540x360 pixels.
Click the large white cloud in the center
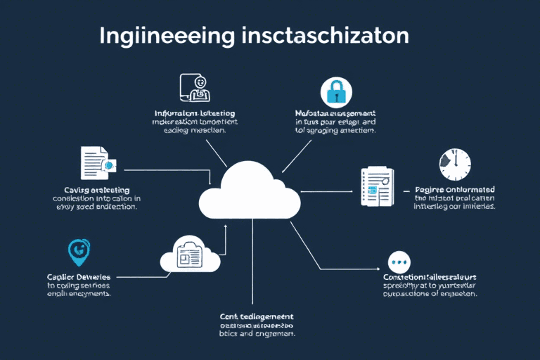click(x=250, y=192)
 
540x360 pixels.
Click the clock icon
click(x=454, y=165)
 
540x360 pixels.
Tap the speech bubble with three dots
click(x=399, y=263)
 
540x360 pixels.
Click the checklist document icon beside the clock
click(x=375, y=185)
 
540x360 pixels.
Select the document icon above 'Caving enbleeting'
click(x=95, y=162)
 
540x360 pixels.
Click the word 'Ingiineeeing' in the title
click(x=160, y=36)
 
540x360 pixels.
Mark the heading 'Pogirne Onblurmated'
click(x=454, y=189)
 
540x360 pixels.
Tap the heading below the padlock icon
click(x=334, y=113)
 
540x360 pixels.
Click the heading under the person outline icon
click(x=195, y=113)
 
